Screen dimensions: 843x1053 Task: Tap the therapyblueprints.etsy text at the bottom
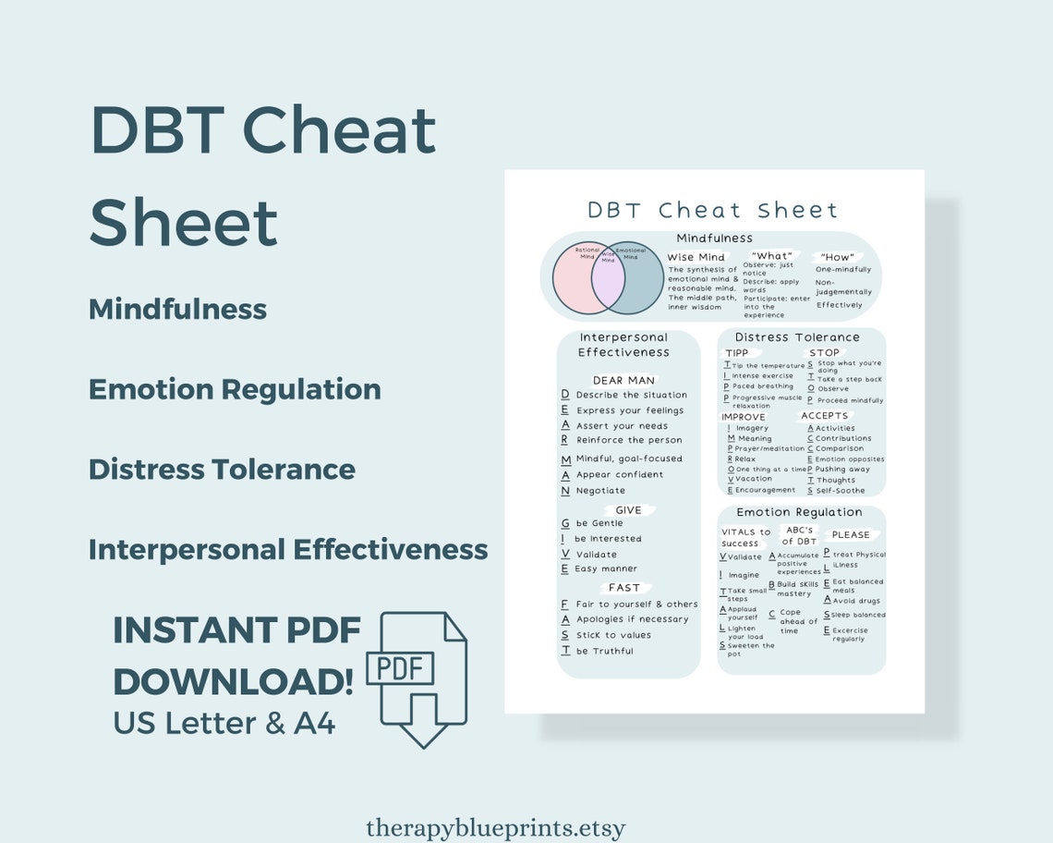495,827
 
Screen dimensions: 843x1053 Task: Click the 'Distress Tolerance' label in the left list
222,470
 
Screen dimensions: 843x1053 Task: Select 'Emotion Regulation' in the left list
235,389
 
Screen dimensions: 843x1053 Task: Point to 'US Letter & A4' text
224,722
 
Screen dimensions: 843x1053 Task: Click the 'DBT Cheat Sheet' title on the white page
712,210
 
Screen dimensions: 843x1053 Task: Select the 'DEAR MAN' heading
623,380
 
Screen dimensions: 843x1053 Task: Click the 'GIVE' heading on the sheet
628,510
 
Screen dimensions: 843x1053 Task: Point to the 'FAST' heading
624,588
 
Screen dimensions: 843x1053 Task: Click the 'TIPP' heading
737,353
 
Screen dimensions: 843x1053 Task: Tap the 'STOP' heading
824,353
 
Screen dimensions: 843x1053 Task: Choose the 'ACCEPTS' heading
824,416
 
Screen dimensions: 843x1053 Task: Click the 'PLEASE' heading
851,534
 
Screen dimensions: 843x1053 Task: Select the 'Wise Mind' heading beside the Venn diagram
696,257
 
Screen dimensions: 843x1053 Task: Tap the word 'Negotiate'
600,491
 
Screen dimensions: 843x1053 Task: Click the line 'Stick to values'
613,635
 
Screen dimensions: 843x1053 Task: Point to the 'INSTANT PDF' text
236,630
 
